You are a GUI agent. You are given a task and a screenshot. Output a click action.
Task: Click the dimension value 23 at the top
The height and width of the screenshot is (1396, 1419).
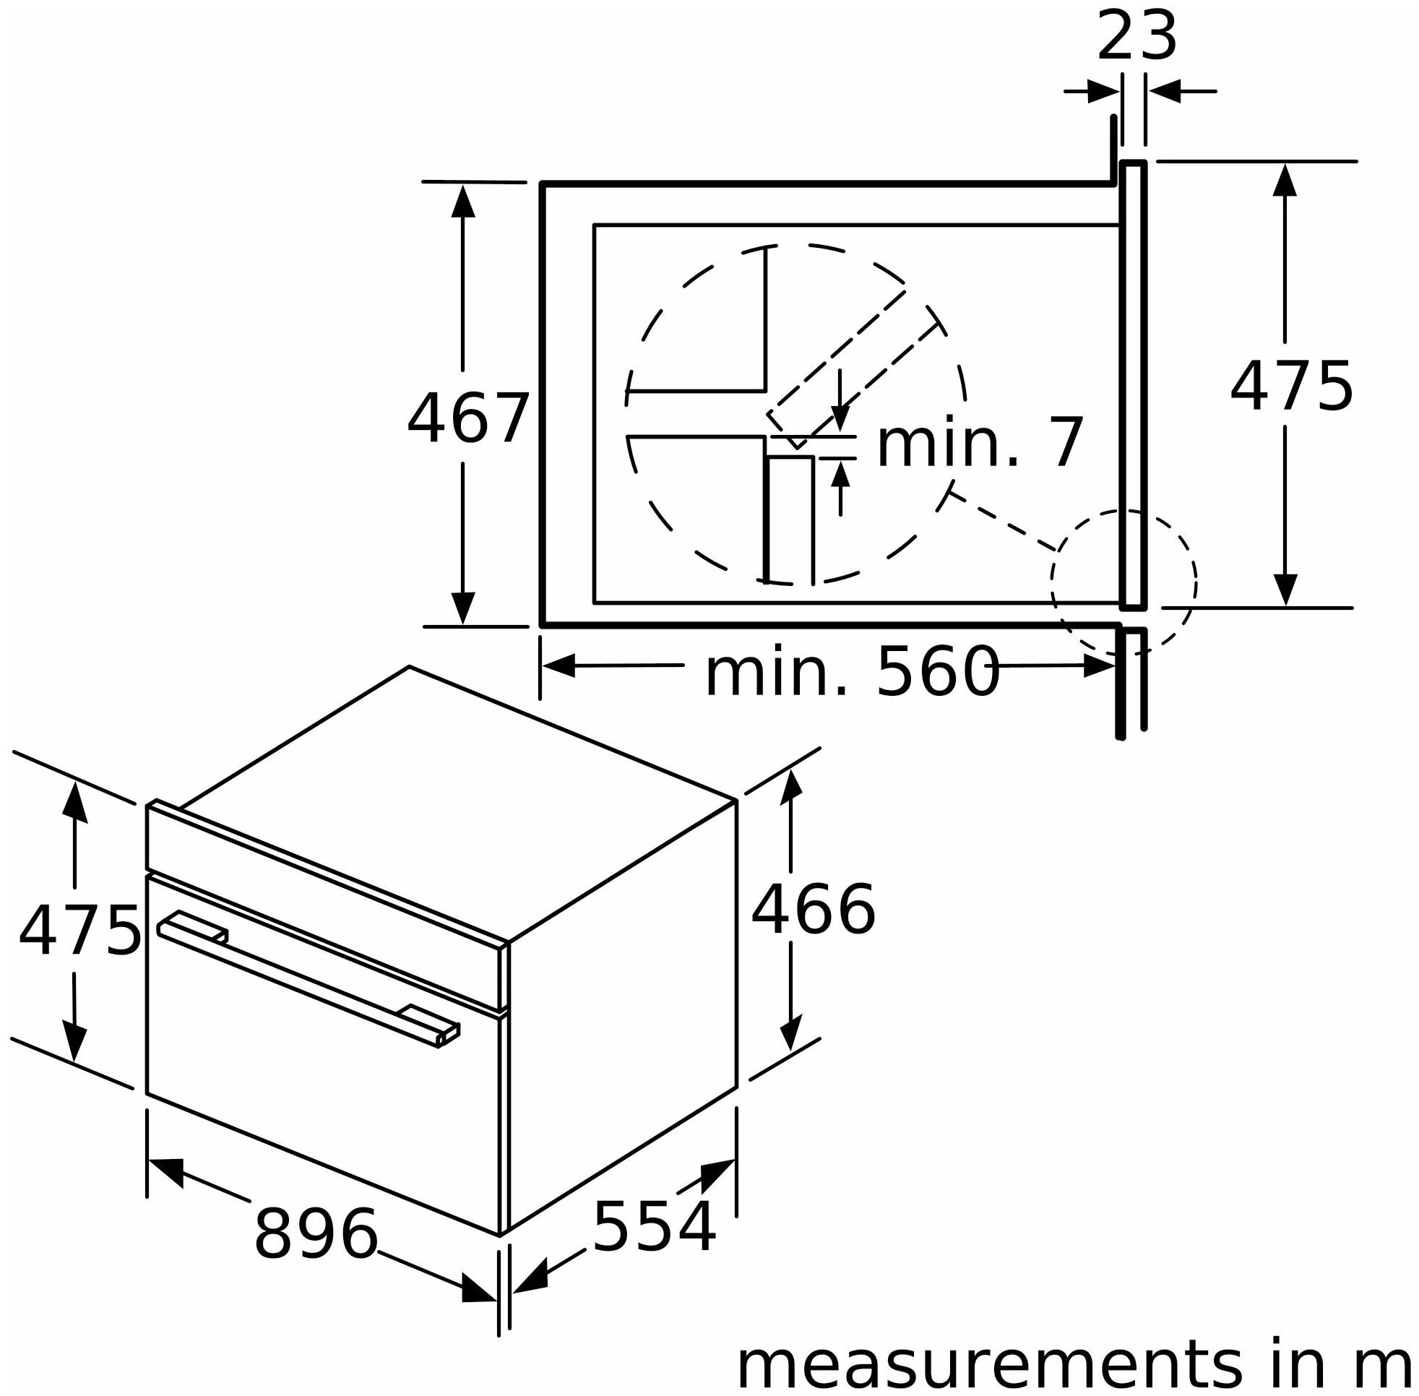click(1136, 36)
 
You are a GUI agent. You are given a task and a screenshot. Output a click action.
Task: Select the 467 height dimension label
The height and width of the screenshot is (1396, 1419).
click(467, 418)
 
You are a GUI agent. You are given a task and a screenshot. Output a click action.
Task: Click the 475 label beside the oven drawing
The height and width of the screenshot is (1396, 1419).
click(79, 931)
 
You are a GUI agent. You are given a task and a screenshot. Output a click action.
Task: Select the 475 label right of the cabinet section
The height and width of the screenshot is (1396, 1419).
click(1290, 387)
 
